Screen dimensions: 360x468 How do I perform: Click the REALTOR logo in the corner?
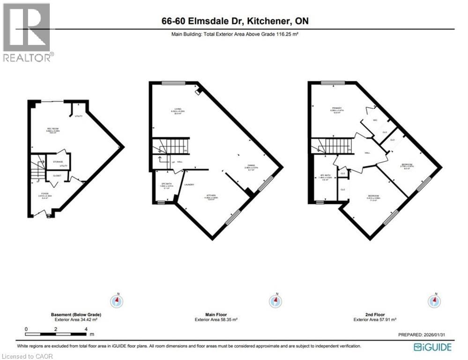tap(27, 32)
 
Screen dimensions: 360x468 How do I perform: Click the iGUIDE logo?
tap(433, 347)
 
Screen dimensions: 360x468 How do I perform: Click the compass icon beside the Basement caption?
tap(116, 300)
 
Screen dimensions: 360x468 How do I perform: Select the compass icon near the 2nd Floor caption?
tap(435, 300)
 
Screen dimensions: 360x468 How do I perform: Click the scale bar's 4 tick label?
tap(86, 329)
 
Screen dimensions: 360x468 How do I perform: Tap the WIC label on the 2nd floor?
tap(375, 120)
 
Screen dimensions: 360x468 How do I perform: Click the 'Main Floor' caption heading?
tap(216, 314)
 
